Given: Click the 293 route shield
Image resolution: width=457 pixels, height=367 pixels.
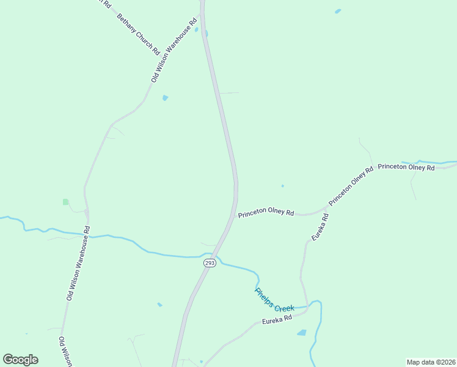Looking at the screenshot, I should pyautogui.click(x=210, y=263).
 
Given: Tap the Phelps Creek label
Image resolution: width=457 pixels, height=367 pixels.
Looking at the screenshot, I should pyautogui.click(x=274, y=300).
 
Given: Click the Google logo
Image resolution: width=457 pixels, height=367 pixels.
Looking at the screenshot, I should pyautogui.click(x=20, y=360).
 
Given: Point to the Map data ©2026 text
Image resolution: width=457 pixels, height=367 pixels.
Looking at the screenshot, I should pyautogui.click(x=431, y=362).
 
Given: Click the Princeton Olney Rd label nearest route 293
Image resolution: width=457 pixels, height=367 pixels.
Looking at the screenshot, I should pyautogui.click(x=266, y=213).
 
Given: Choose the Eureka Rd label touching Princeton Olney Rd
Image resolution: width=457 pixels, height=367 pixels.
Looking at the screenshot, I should pyautogui.click(x=320, y=226).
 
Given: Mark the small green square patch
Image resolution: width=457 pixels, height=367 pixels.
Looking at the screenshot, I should pyautogui.click(x=65, y=201).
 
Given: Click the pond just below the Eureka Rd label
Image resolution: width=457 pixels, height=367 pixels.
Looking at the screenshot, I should pyautogui.click(x=301, y=333).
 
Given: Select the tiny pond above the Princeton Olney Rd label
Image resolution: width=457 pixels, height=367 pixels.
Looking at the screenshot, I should pyautogui.click(x=282, y=186).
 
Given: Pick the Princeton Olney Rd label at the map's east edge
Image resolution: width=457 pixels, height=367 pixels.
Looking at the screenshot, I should pyautogui.click(x=406, y=167).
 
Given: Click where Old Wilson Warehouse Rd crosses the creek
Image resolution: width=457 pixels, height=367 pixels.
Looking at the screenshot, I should pyautogui.click(x=88, y=234).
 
